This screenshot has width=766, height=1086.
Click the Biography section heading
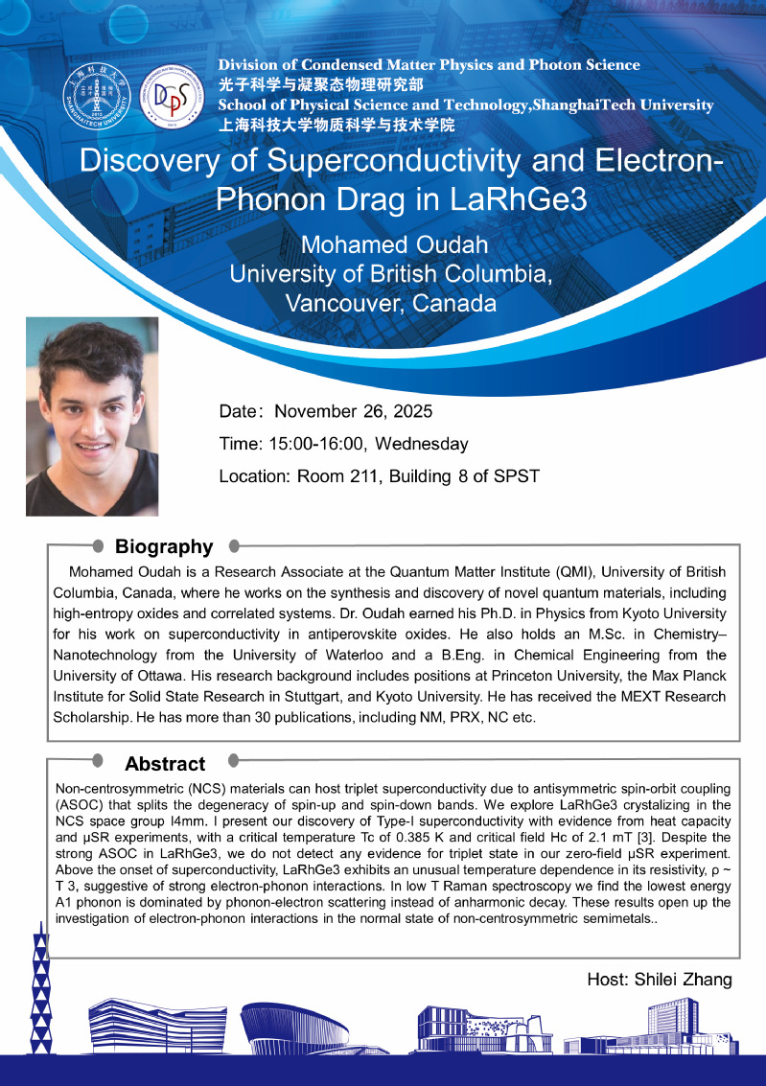click(x=164, y=546)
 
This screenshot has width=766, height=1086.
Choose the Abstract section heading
click(x=165, y=764)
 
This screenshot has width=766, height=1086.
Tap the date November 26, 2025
click(x=354, y=412)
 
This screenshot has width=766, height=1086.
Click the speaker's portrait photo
click(x=92, y=416)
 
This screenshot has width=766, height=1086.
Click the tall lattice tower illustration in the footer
click(x=39, y=987)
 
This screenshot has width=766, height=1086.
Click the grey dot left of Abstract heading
click(x=98, y=762)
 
